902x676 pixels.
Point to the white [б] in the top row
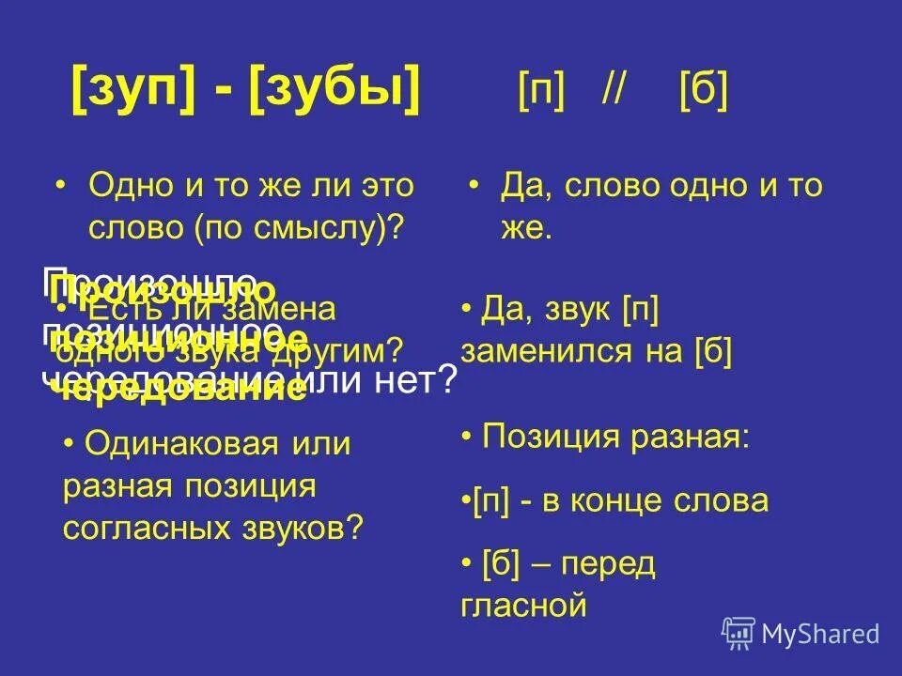tap(703, 92)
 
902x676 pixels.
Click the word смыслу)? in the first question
tap(343, 226)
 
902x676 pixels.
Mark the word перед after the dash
tap(611, 564)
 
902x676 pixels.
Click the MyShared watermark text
tap(820, 634)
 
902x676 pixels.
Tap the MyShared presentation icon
tap(739, 634)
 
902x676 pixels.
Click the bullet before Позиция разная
tap(467, 437)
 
